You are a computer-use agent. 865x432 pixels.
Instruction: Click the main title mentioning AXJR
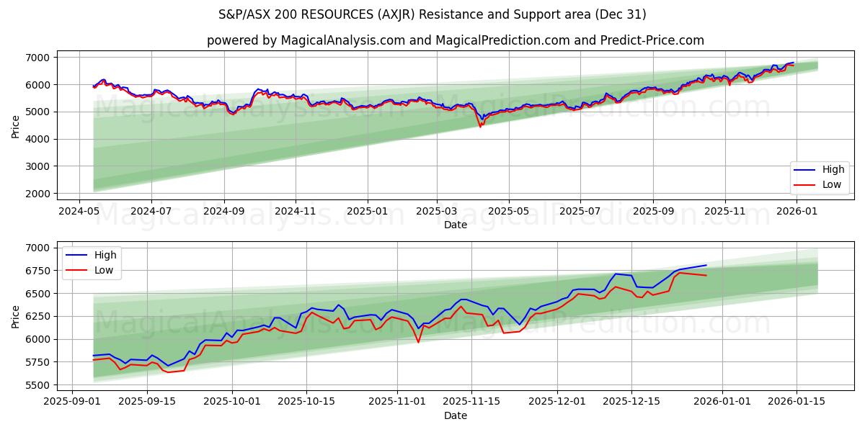point(432,14)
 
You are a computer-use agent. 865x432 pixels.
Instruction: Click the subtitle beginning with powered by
point(456,40)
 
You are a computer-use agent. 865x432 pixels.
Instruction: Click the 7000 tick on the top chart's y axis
point(40,58)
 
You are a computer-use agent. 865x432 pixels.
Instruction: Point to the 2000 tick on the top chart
point(40,194)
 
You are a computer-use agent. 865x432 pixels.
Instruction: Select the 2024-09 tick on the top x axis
point(223,211)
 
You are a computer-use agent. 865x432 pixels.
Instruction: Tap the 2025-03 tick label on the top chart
point(436,211)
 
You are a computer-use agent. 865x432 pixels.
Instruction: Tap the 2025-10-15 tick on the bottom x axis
point(306,402)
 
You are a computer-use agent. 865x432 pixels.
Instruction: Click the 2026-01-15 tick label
point(797,402)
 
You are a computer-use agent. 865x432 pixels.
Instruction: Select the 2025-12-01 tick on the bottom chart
point(556,402)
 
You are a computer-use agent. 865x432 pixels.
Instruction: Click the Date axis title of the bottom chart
point(456,415)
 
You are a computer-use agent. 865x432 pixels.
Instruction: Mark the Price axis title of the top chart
point(16,126)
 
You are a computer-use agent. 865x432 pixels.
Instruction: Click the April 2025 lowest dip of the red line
point(480,127)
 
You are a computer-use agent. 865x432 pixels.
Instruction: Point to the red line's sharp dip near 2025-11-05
point(418,341)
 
